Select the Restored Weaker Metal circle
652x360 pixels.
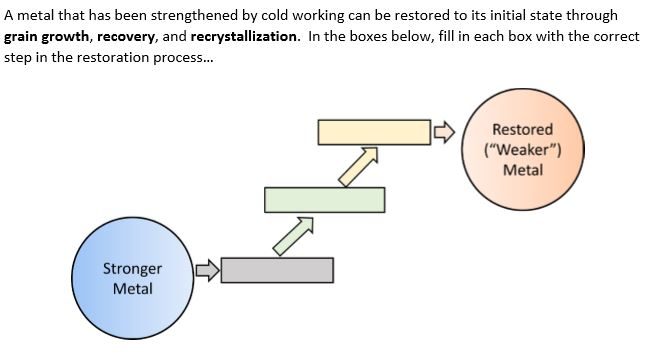[522, 148]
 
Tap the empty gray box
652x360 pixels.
[277, 270]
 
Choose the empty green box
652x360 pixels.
[324, 200]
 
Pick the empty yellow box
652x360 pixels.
[372, 131]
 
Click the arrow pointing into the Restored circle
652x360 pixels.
[442, 131]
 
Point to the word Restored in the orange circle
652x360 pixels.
[522, 130]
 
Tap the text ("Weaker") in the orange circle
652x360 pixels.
[522, 150]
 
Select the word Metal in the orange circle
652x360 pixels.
[523, 169]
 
